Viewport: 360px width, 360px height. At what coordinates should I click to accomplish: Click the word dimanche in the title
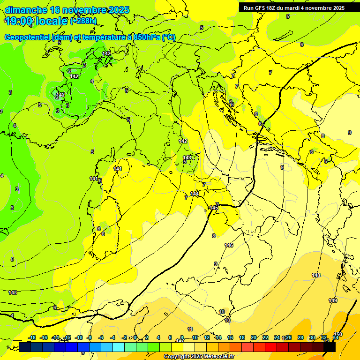(26, 10)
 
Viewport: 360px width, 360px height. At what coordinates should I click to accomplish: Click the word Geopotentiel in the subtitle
(28, 37)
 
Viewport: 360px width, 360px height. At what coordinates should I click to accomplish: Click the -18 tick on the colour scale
(32, 337)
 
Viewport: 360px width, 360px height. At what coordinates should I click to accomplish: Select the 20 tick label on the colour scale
(253, 337)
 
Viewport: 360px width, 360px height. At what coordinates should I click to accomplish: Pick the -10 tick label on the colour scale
(78, 337)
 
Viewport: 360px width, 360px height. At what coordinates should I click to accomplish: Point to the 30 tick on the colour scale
(312, 337)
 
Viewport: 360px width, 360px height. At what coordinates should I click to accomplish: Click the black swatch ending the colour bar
(330, 347)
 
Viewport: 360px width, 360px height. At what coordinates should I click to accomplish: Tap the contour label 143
(13, 292)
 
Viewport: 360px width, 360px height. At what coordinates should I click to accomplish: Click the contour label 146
(229, 245)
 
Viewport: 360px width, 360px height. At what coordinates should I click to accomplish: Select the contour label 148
(316, 275)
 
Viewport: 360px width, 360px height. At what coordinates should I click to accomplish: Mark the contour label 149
(332, 300)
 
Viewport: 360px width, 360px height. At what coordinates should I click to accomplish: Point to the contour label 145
(214, 208)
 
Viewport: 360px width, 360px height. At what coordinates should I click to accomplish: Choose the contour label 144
(195, 194)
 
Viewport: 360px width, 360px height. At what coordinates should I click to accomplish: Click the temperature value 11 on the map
(190, 329)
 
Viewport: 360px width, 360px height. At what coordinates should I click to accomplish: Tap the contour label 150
(338, 334)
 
